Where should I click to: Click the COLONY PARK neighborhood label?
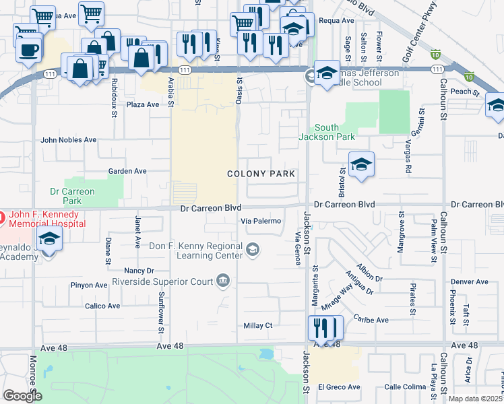(261, 174)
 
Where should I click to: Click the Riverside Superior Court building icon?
(224, 281)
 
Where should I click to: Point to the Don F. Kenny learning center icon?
(252, 251)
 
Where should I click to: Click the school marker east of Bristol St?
(361, 164)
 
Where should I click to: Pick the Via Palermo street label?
(261, 221)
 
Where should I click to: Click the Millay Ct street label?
(258, 326)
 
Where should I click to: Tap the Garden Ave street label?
(127, 172)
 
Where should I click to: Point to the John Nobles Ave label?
(68, 140)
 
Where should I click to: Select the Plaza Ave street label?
(143, 104)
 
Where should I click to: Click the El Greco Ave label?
(339, 387)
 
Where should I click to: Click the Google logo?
(22, 395)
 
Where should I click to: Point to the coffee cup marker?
(28, 50)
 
